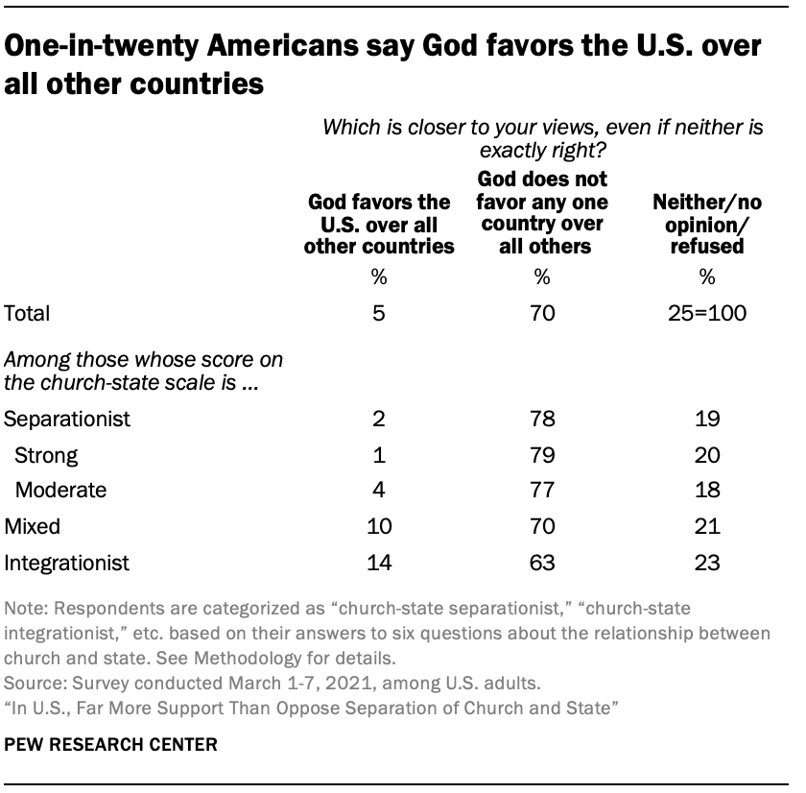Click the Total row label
27,313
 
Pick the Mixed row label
34,526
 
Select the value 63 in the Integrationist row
542,562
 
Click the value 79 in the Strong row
542,454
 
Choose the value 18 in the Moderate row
707,491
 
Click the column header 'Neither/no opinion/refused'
707,223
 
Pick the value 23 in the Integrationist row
707,562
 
